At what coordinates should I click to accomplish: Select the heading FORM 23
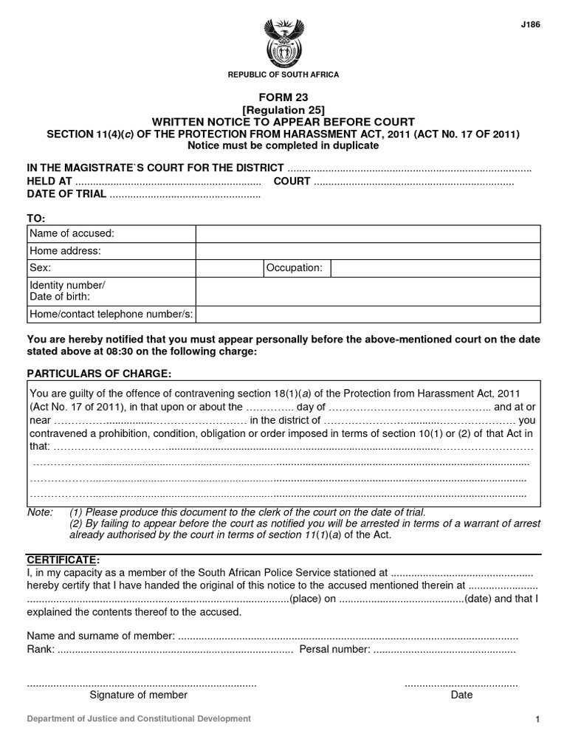[x=283, y=97]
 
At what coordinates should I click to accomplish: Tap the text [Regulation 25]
[x=283, y=109]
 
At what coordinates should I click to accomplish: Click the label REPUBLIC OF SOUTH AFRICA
[x=283, y=75]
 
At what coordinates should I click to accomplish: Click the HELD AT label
[x=49, y=181]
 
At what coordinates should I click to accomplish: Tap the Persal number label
[x=334, y=650]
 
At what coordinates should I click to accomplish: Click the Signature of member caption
[x=139, y=695]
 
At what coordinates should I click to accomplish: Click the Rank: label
[x=41, y=650]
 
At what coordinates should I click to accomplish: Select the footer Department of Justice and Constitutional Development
[x=139, y=718]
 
